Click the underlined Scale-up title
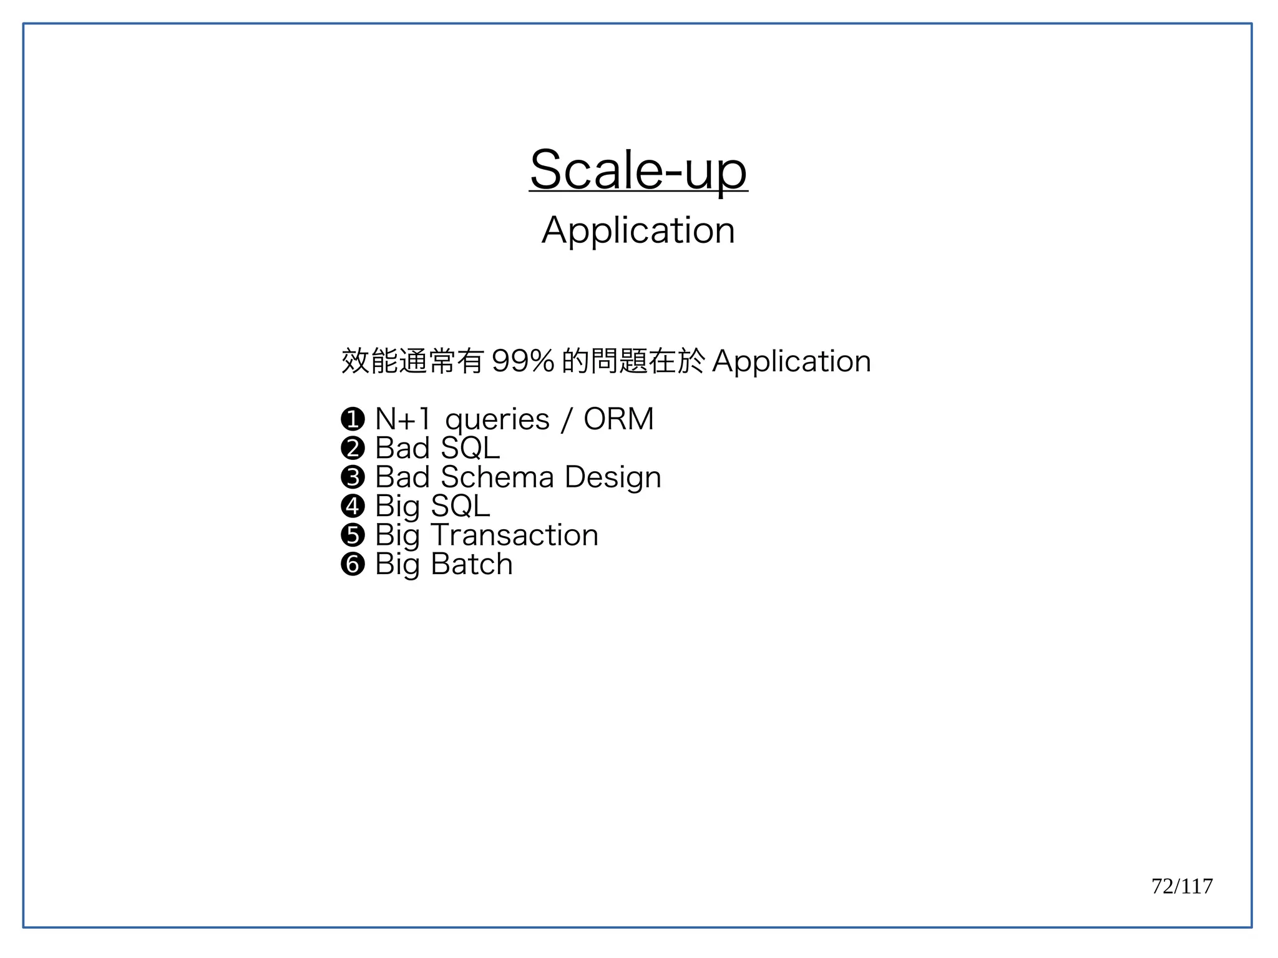638,170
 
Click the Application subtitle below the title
638,231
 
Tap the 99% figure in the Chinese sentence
523,361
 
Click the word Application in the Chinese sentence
791,361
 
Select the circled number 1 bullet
353,419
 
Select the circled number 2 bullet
353,448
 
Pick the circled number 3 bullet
353,477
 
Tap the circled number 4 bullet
353,506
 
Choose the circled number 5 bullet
353,535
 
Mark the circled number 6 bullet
353,564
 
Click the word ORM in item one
618,419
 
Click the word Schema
497,477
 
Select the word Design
613,478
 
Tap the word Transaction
515,535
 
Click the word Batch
472,564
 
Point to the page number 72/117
1182,886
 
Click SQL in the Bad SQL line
470,448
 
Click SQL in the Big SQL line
461,506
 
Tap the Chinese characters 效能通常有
412,361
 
